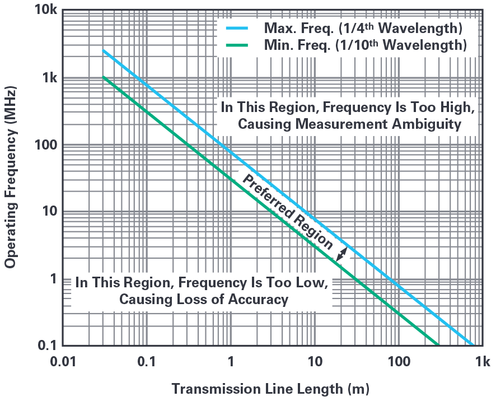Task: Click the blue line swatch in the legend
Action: click(237, 27)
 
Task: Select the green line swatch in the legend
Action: click(237, 45)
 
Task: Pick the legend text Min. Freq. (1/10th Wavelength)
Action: click(364, 45)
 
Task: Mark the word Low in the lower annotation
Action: click(308, 282)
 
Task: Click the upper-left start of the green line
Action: click(104, 77)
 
